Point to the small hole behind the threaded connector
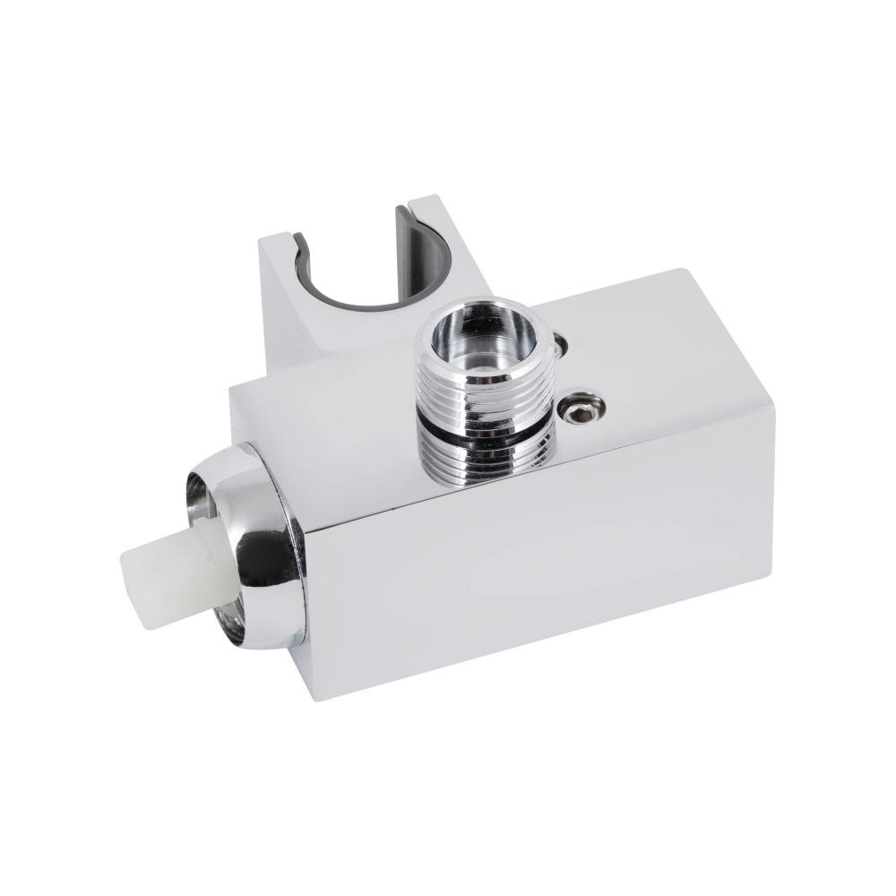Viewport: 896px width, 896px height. [561, 342]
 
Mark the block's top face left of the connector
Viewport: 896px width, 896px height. [332, 394]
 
